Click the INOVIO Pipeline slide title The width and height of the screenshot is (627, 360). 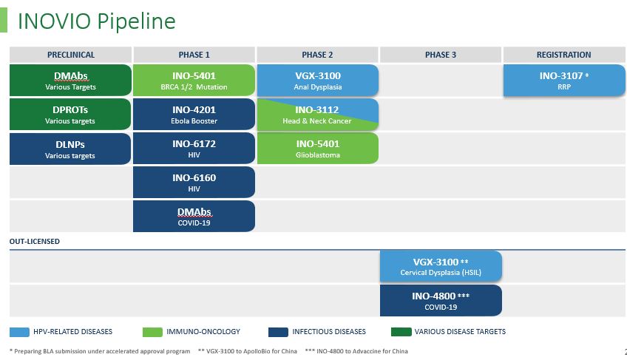[x=96, y=21]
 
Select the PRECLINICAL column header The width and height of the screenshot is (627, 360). [x=70, y=55]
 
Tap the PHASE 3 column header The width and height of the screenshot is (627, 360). [x=440, y=55]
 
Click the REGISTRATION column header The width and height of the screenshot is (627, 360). [x=563, y=55]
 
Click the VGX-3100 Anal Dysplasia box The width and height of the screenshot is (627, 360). [x=317, y=80]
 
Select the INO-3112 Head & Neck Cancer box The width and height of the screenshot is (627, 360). [x=317, y=114]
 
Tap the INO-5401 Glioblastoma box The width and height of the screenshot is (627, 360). [x=317, y=148]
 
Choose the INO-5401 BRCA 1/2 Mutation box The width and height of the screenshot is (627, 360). [x=194, y=80]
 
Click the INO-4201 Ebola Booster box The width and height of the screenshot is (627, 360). [x=194, y=114]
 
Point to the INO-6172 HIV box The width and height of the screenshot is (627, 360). [x=194, y=148]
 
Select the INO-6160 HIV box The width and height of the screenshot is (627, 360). [x=194, y=182]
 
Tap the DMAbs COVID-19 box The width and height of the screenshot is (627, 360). [x=194, y=216]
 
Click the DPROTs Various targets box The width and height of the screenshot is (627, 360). [x=70, y=114]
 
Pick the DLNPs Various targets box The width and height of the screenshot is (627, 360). [x=70, y=148]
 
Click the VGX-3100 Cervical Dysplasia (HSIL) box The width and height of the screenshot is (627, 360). [x=440, y=266]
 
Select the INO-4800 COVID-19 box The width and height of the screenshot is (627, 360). [x=440, y=300]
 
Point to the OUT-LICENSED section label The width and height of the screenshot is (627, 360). [x=35, y=241]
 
